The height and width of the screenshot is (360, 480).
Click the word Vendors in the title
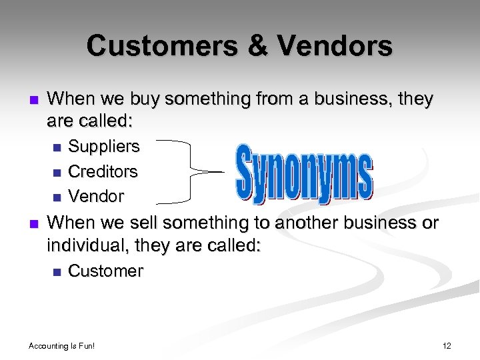coord(335,46)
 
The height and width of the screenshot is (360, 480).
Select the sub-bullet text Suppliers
coord(104,146)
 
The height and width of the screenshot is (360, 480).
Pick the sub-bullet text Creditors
coord(103,171)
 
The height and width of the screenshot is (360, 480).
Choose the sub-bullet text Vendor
coord(96,197)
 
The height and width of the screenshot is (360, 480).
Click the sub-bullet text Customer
coord(105,271)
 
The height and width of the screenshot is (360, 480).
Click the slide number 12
coord(447,345)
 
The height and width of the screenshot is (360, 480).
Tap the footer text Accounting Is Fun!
coord(62,345)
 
